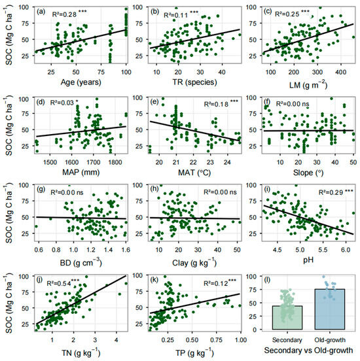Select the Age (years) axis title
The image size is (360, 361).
click(81, 82)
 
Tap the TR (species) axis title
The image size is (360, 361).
click(195, 82)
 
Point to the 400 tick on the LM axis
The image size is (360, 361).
click(340, 72)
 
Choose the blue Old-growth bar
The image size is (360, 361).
click(330, 309)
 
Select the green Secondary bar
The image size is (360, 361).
click(287, 317)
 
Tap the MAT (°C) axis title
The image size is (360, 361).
click(194, 173)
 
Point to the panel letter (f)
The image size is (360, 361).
click(268, 101)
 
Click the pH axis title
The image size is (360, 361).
click(308, 260)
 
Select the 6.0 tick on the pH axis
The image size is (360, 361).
click(346, 250)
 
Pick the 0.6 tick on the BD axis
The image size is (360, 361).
click(39, 250)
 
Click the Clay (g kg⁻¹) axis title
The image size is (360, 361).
click(194, 263)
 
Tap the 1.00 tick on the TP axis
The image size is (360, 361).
click(241, 340)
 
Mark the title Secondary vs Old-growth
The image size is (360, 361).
click(308, 351)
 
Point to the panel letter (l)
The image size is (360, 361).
click(267, 280)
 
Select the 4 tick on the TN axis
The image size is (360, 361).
click(116, 340)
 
